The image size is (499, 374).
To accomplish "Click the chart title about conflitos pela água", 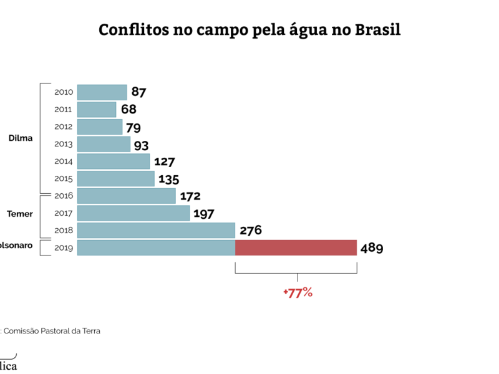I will click(249, 30).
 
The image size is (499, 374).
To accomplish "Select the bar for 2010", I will click(102, 92).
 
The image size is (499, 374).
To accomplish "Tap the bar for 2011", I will click(97, 110).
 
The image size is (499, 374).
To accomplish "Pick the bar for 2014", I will click(113, 161).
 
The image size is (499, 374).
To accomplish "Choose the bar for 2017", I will click(133, 213).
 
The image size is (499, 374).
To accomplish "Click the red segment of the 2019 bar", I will click(296, 247).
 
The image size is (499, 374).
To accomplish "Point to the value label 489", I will click(371, 248).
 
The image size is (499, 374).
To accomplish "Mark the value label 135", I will click(168, 180).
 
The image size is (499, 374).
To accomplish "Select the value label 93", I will click(142, 145).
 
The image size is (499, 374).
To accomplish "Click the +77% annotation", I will click(297, 292).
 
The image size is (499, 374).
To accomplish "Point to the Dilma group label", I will click(21, 138).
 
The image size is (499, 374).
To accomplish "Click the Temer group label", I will click(20, 214).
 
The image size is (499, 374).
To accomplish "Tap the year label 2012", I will click(64, 127).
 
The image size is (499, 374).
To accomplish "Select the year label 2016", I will click(64, 196).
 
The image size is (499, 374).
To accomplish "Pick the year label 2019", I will click(64, 247).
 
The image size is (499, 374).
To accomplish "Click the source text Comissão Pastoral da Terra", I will click(56, 331).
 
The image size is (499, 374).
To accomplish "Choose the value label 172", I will click(190, 196).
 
